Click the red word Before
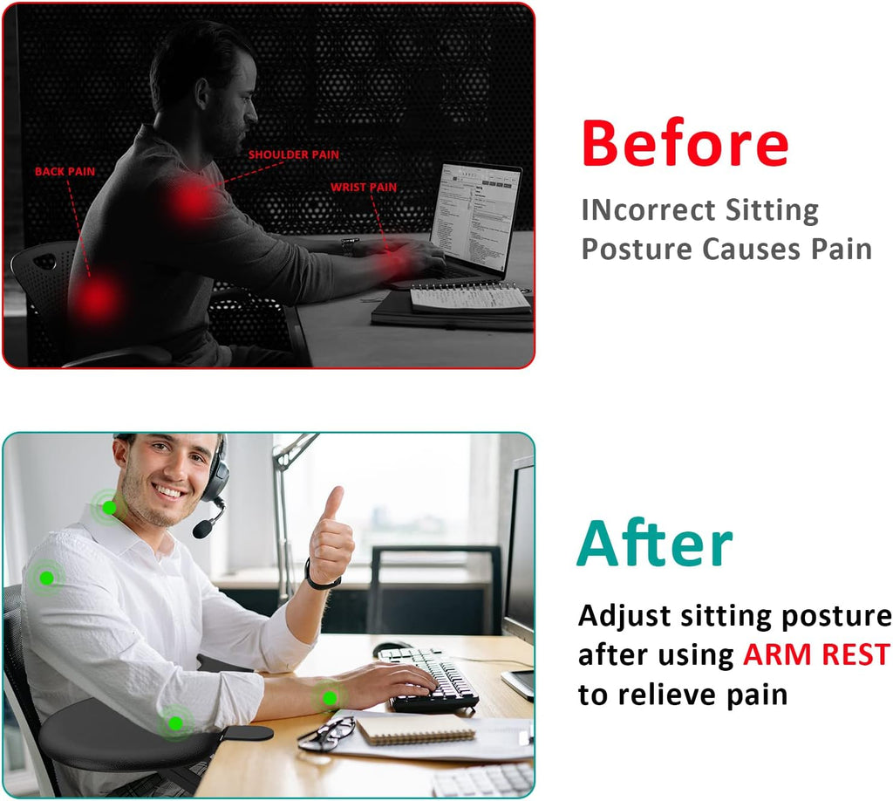click(685, 143)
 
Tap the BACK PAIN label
click(65, 172)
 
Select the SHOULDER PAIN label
click(293, 155)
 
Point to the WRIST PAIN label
click(363, 187)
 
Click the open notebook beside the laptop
click(470, 298)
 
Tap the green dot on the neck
click(109, 507)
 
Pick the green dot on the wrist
click(330, 697)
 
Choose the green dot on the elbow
click(175, 722)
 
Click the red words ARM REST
click(816, 654)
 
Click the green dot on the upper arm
click(45, 577)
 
